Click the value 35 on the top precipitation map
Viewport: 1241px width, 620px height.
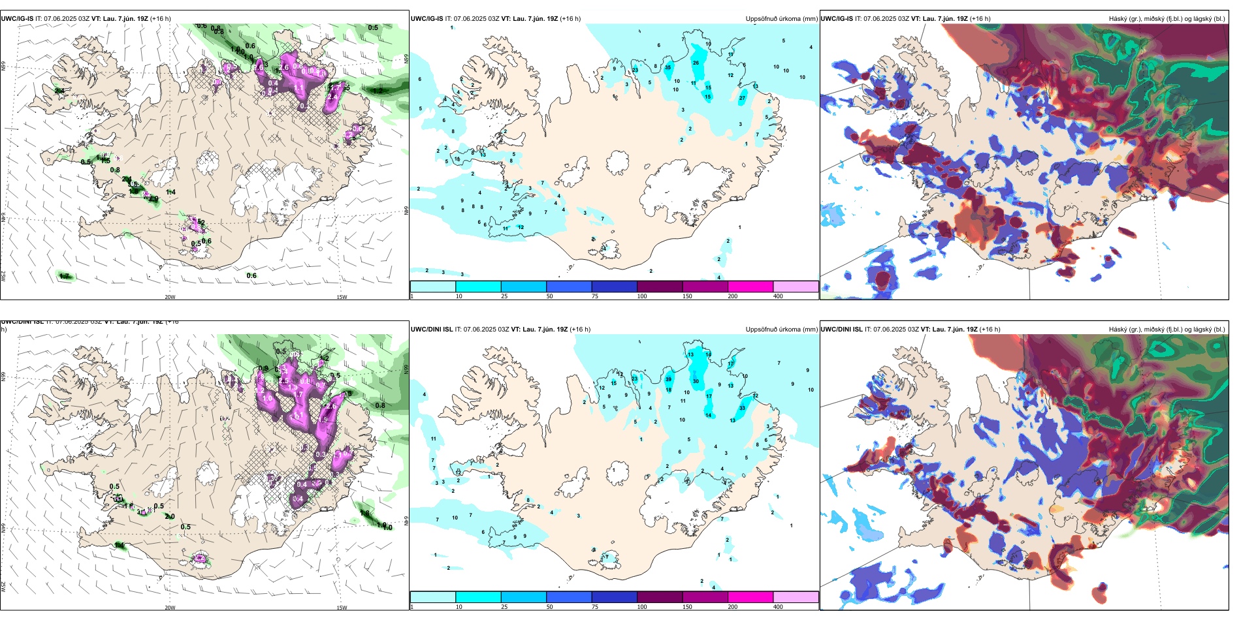point(668,67)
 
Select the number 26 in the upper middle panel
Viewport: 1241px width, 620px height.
point(696,63)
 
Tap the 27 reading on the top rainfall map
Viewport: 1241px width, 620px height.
point(742,99)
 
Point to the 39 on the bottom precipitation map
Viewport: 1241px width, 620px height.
point(668,379)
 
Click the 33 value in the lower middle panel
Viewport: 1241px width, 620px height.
point(742,409)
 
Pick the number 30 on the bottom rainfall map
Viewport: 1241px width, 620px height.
point(696,382)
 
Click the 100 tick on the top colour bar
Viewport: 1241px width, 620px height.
point(642,296)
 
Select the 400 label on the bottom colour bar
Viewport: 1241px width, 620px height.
point(778,607)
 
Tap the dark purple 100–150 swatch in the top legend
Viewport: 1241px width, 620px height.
point(660,287)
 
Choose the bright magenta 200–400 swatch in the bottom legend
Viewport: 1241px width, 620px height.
point(750,597)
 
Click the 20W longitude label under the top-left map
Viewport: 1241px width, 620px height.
point(170,297)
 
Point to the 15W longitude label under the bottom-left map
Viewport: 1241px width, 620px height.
point(342,608)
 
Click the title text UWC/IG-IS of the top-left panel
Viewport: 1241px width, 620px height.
point(17,19)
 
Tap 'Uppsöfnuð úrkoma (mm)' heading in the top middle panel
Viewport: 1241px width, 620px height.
point(781,19)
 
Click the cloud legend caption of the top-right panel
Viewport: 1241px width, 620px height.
point(1167,19)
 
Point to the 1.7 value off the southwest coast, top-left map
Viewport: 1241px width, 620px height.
point(64,277)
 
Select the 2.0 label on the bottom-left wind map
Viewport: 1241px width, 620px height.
point(170,517)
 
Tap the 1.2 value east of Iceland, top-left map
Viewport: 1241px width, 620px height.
point(378,91)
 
